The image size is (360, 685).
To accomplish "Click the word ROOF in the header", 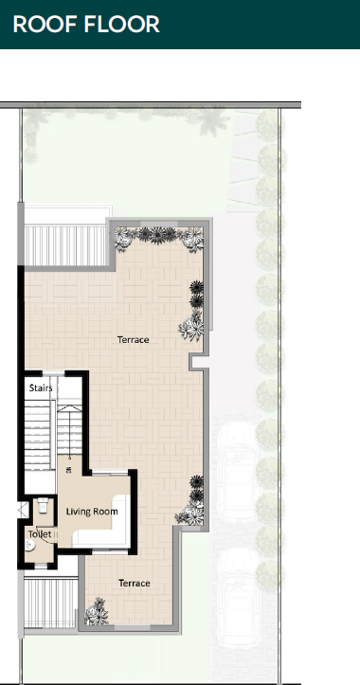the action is pos(45,24).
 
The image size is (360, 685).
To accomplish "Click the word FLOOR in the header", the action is pos(122,24).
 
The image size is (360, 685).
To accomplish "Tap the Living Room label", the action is pos(92,511).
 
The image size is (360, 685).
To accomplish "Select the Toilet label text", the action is pos(40,533).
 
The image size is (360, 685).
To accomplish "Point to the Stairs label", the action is pos(41,388).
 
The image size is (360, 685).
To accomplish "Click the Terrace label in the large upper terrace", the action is pos(134,339).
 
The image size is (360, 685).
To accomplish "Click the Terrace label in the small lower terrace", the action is pos(135,584).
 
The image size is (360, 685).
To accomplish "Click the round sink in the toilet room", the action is pos(29,546).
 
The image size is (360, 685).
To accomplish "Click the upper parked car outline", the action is pos(237,472).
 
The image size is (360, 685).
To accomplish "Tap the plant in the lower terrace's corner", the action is pos(96,612).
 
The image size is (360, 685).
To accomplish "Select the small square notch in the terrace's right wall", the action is pos(198,361).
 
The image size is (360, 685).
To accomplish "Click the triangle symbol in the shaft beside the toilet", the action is pos(22,510).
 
